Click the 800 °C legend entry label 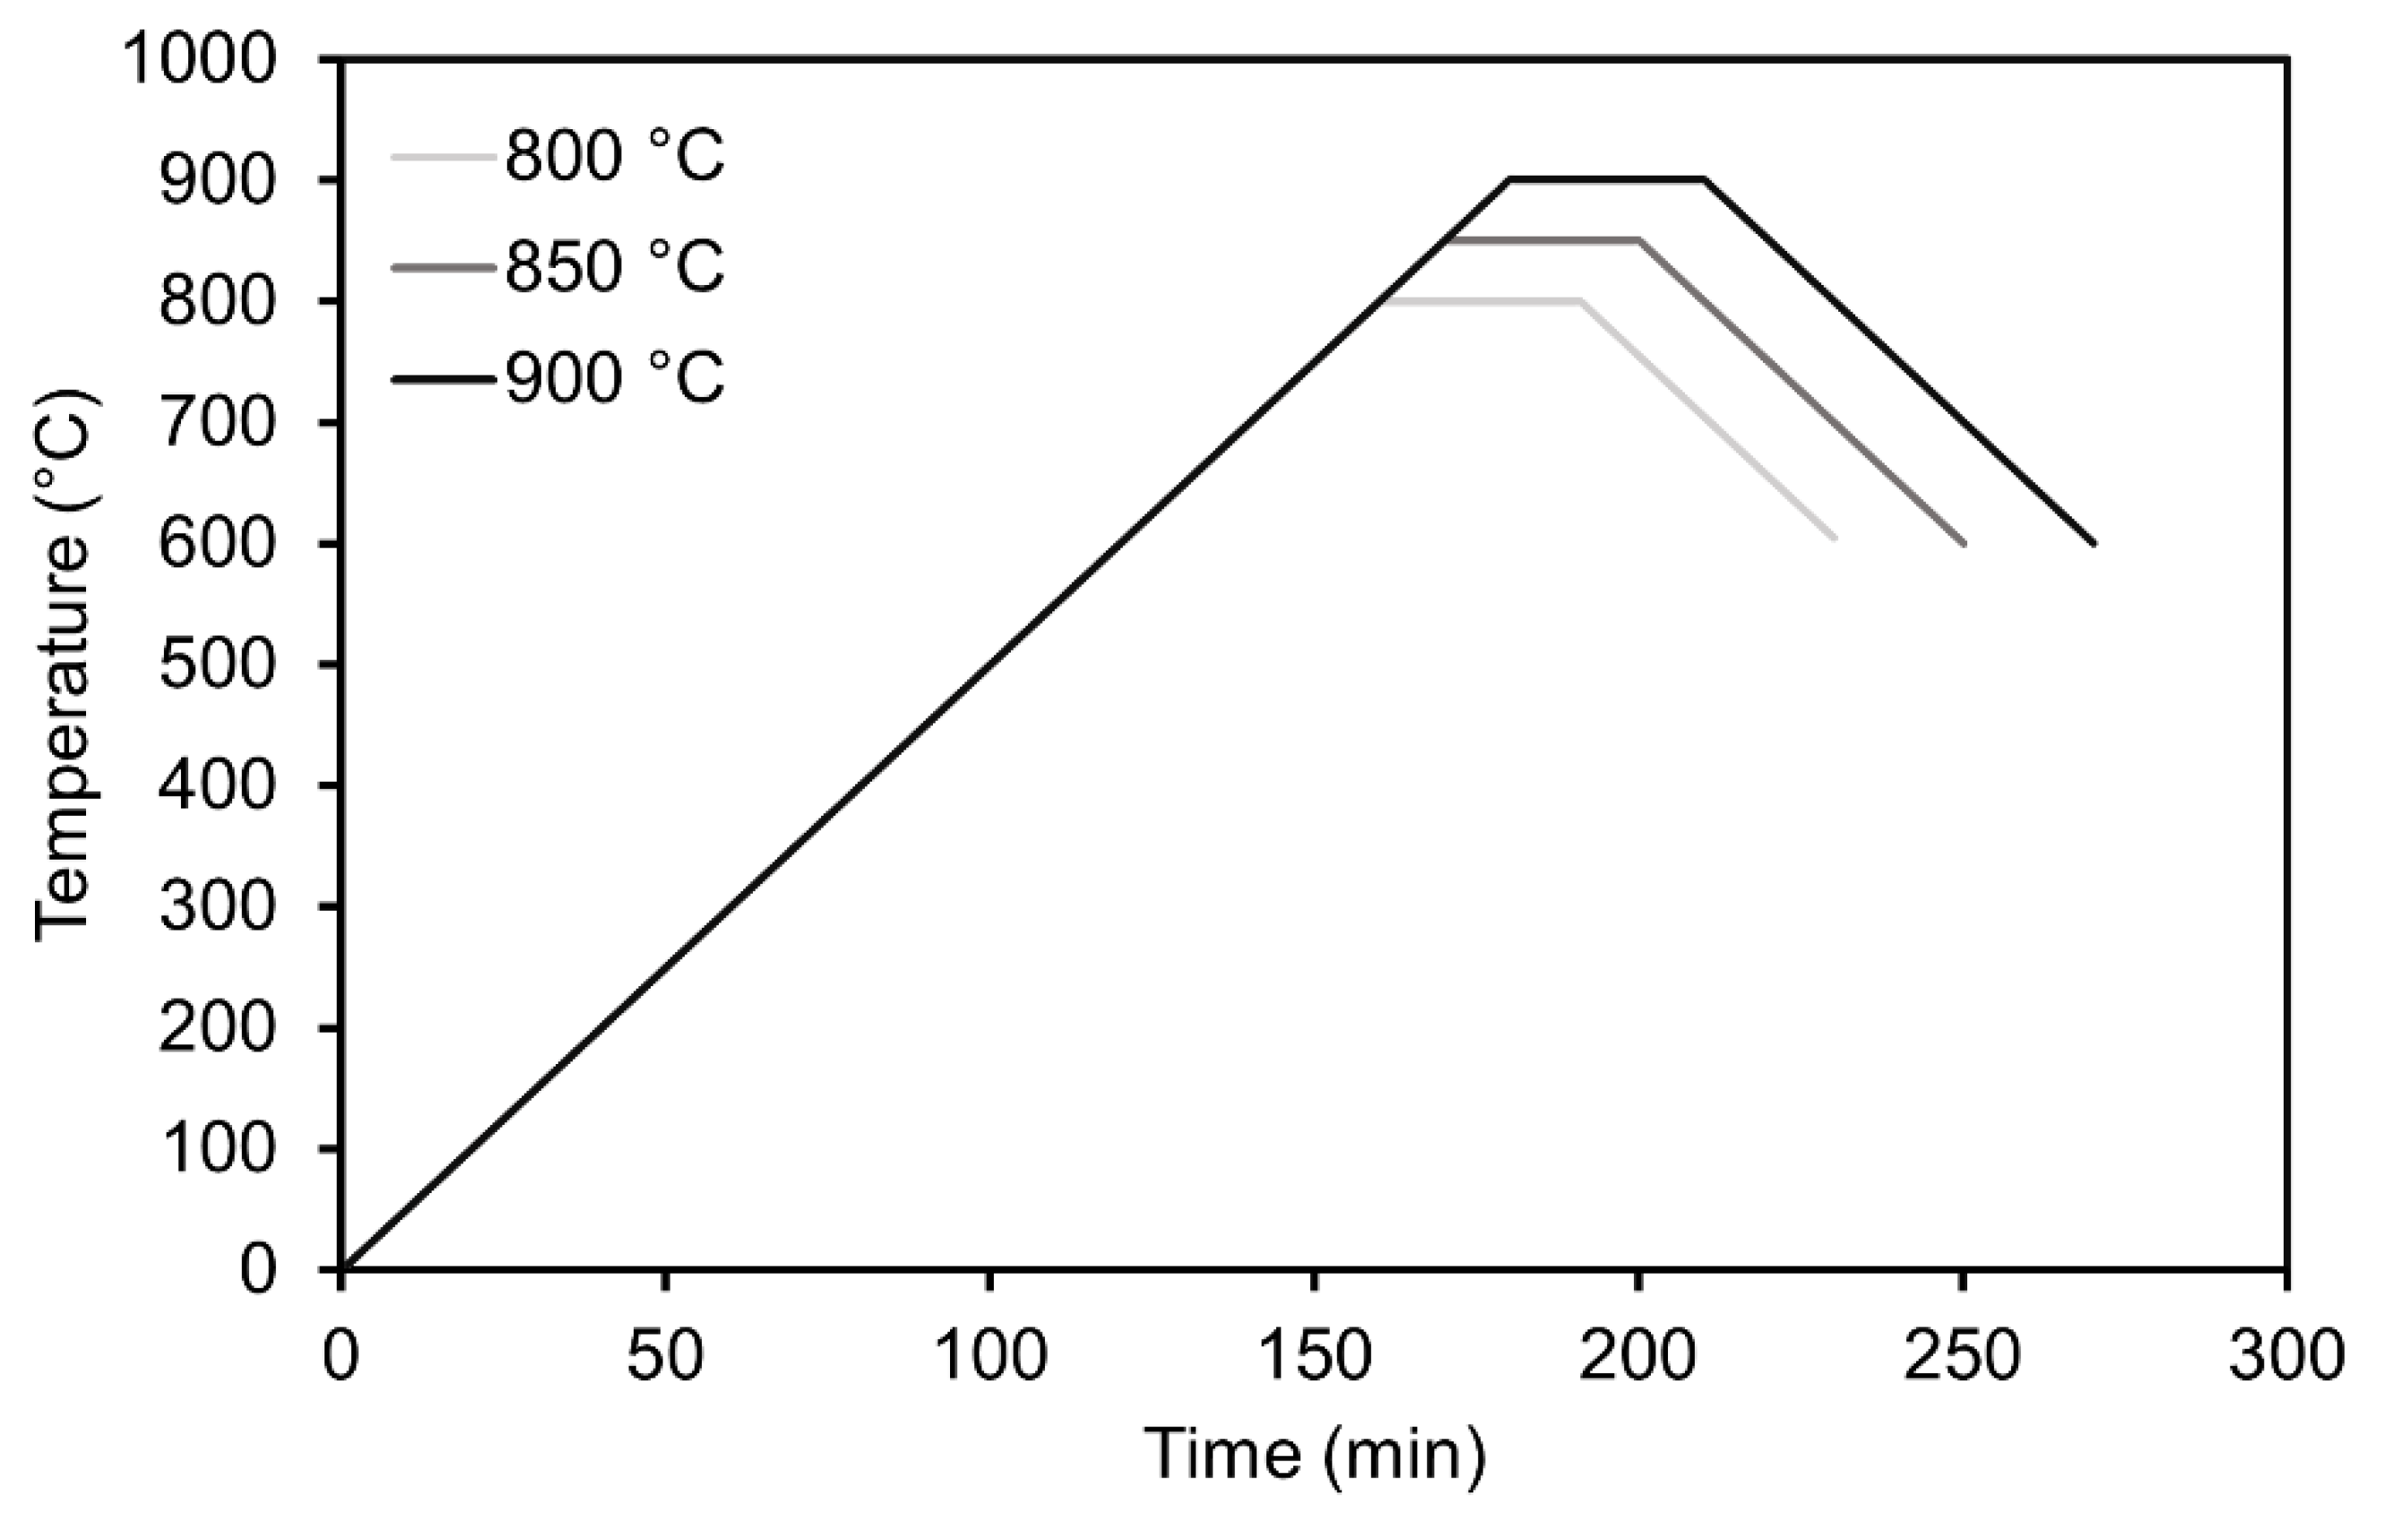click(614, 157)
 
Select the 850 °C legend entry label click(614, 266)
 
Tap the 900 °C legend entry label click(614, 378)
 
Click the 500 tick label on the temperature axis click(216, 665)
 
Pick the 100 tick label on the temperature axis click(216, 1149)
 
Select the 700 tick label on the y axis click(216, 424)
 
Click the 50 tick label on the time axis click(664, 1355)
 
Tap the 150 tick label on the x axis click(1313, 1355)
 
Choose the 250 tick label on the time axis click(1961, 1355)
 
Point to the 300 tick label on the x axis click(2286, 1355)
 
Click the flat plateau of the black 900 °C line click(1606, 179)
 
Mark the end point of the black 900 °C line click(2093, 542)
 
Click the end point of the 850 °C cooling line click(1962, 542)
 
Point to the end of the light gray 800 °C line click(1834, 538)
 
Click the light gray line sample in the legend click(442, 157)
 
